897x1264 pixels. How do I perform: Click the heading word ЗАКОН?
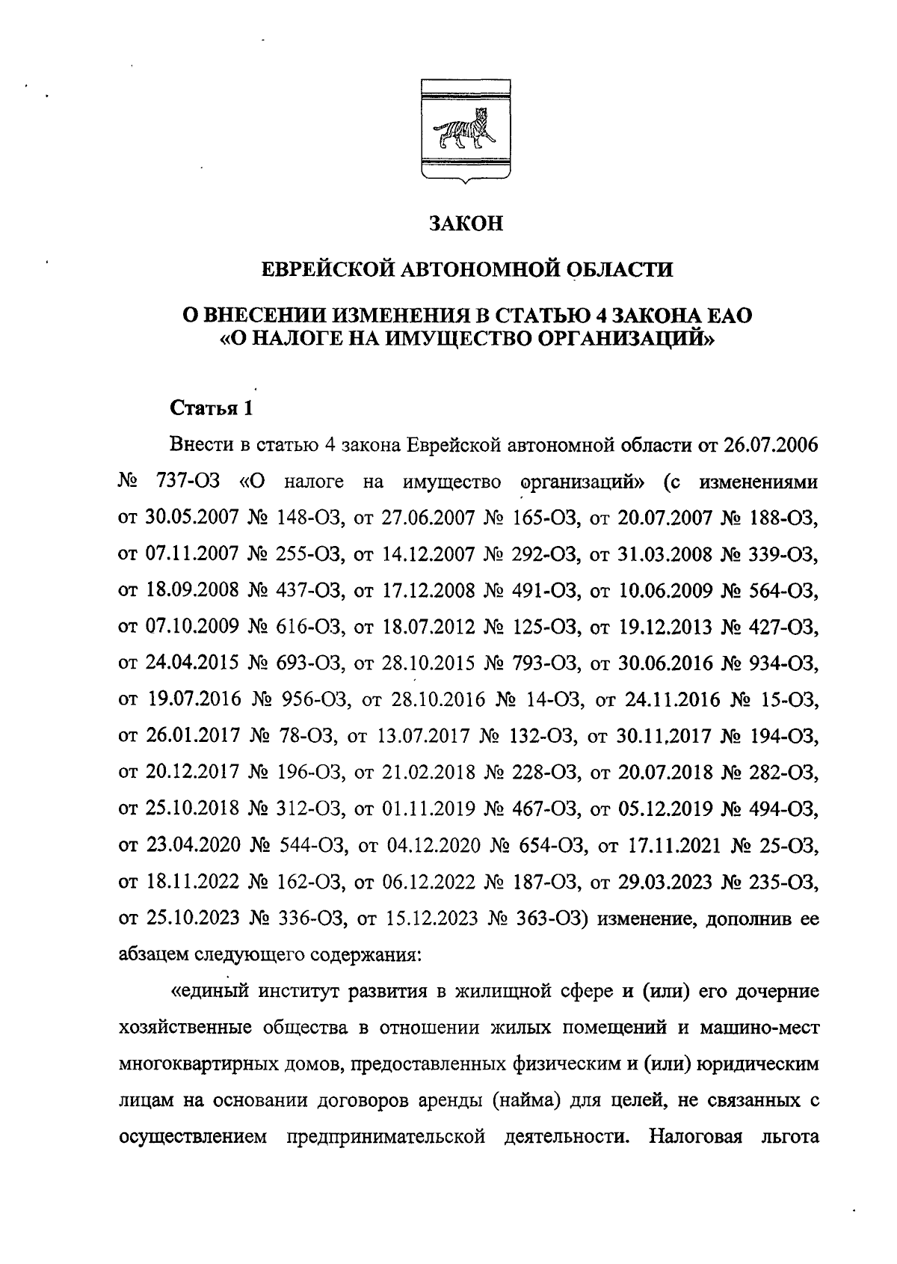(466, 224)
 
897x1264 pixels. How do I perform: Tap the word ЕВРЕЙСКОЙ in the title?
(326, 269)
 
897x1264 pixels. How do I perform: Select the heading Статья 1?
(212, 408)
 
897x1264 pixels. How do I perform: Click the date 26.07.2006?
(771, 446)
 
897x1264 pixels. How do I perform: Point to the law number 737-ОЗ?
(188, 482)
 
